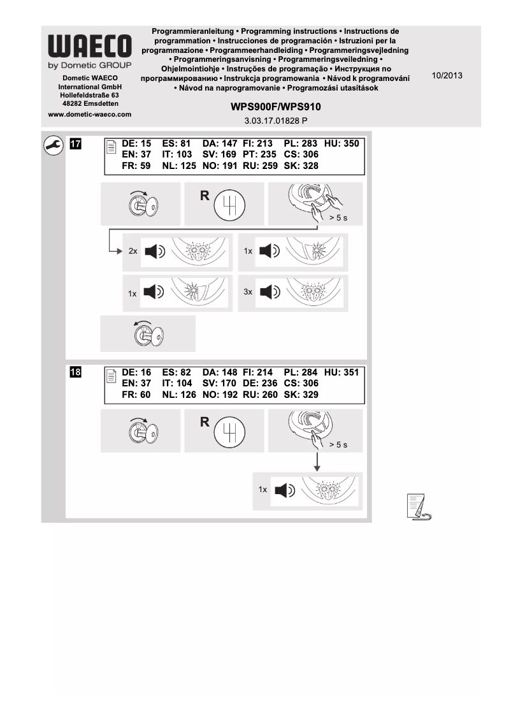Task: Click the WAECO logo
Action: tap(90, 47)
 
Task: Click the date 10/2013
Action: tap(447, 75)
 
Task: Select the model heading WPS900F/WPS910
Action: tap(276, 107)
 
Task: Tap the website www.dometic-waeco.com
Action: tap(90, 115)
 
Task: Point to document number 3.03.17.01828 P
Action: tap(276, 120)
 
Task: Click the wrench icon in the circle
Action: tap(53, 146)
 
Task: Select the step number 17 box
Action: tap(75, 144)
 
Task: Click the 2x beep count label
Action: tap(133, 251)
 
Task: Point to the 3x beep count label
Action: tap(248, 291)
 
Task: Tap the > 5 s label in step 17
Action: tap(338, 218)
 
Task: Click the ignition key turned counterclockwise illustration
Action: tap(147, 333)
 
